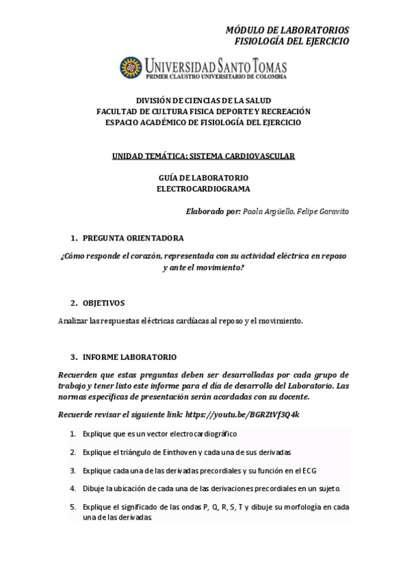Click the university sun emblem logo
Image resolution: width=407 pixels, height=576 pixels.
pyautogui.click(x=130, y=68)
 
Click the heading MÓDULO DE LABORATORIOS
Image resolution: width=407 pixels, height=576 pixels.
pyautogui.click(x=287, y=30)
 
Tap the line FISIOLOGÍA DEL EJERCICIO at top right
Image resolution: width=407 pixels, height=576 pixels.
pyautogui.click(x=291, y=41)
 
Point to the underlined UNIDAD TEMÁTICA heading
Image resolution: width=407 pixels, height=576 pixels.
pyautogui.click(x=203, y=156)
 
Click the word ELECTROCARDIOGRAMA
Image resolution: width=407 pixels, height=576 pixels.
pyautogui.click(x=203, y=189)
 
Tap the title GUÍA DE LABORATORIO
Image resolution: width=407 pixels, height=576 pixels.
pyautogui.click(x=203, y=178)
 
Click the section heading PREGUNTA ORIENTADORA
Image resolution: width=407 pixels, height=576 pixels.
pyautogui.click(x=132, y=238)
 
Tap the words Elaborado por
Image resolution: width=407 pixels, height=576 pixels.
pyautogui.click(x=213, y=211)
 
